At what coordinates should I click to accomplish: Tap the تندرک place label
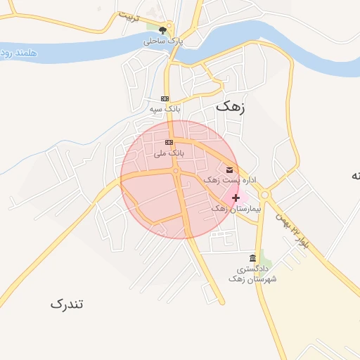(67, 304)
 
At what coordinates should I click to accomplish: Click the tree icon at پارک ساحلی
(163, 30)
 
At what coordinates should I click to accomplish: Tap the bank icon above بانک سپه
(165, 98)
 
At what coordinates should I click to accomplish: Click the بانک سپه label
(165, 110)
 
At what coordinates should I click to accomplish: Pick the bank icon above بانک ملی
(169, 142)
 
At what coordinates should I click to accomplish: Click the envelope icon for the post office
(230, 169)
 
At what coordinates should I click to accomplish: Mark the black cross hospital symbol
(236, 198)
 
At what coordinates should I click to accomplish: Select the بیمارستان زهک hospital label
(236, 210)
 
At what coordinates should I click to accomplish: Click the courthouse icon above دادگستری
(253, 258)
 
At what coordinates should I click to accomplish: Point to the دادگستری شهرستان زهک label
(252, 274)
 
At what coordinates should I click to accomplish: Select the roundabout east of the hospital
(265, 195)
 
